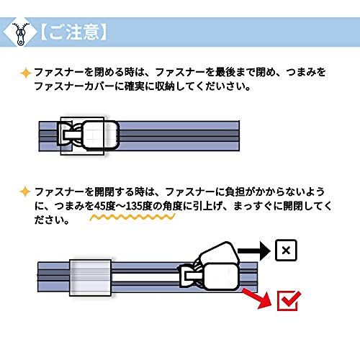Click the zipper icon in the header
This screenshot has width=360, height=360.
point(21,34)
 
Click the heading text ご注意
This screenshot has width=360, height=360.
point(73,32)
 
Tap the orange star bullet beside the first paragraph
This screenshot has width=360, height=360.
point(26,73)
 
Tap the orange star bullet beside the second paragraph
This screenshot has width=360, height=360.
point(25,192)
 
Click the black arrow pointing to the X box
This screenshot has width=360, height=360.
point(254,251)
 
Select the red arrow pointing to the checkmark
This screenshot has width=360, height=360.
point(257,298)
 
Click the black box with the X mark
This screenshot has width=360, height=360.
point(286,251)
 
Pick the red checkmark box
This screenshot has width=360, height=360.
point(289,301)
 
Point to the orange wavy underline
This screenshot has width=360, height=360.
point(132,217)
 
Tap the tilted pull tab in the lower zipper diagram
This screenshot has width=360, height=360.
point(220,253)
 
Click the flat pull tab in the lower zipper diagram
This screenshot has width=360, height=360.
point(221,276)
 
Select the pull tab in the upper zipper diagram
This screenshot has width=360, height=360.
point(101,135)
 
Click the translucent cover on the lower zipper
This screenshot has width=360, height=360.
point(90,278)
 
